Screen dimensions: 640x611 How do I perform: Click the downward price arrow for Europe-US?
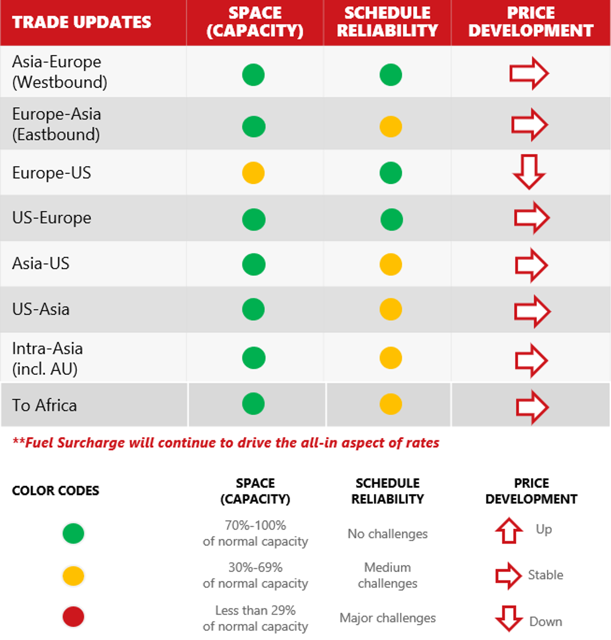(529, 172)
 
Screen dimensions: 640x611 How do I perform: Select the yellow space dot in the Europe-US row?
(253, 173)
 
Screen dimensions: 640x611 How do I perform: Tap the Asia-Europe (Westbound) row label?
(60, 71)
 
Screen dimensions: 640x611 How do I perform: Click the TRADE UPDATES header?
(82, 22)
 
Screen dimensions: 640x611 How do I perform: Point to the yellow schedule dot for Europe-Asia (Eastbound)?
(390, 126)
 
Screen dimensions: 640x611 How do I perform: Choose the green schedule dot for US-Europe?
(391, 220)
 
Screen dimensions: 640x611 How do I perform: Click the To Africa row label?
(45, 405)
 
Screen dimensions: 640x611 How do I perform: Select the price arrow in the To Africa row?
(532, 407)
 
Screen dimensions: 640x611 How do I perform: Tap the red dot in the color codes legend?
(73, 617)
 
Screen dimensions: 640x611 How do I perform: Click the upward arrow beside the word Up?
(509, 530)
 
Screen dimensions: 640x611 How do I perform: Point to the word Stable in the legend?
(545, 575)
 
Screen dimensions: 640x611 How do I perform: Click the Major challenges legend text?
(387, 618)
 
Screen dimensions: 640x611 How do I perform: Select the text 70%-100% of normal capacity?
(255, 533)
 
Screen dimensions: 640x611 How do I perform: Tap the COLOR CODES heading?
(55, 490)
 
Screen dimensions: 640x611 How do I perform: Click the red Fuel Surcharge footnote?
(226, 443)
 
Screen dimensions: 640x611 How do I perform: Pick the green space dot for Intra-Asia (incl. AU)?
(254, 358)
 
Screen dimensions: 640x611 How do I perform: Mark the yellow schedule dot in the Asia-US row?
(390, 265)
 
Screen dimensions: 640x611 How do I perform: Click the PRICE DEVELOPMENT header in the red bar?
(531, 22)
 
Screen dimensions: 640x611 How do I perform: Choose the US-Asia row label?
(41, 309)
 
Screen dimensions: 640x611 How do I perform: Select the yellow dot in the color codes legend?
(73, 576)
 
